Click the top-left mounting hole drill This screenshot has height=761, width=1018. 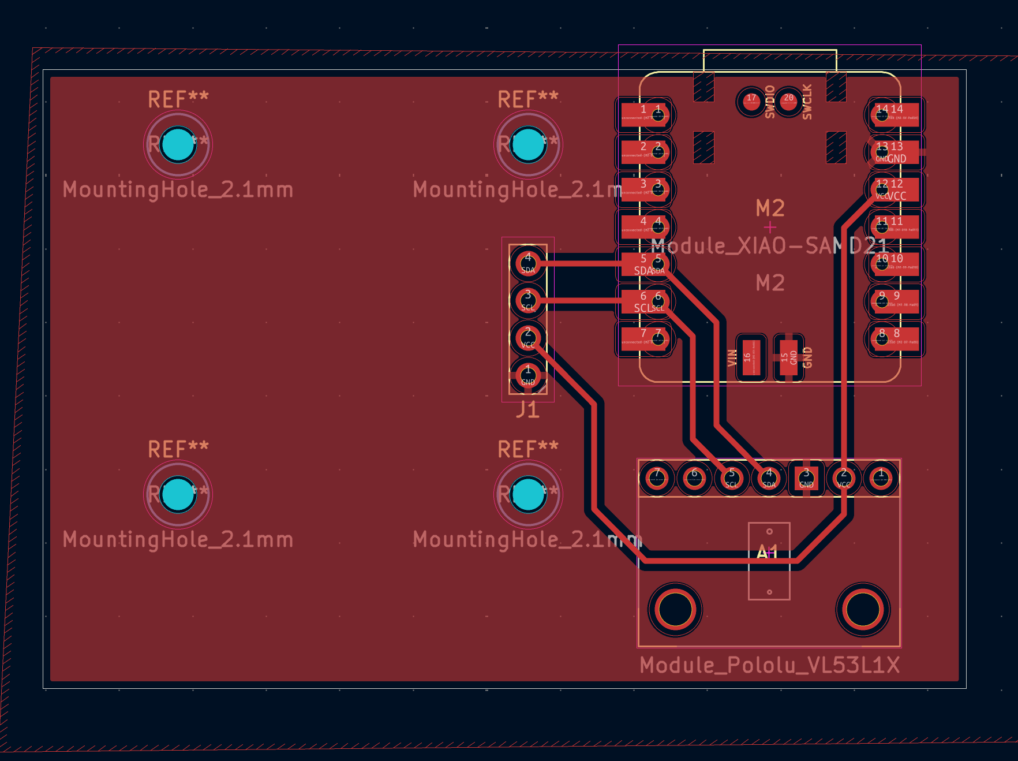178,144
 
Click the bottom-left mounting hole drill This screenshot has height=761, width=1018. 178,494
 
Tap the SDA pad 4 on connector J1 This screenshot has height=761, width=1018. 527,263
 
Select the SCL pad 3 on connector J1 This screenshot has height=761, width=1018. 527,300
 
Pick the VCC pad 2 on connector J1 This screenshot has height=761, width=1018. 527,338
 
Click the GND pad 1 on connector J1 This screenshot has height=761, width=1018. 527,375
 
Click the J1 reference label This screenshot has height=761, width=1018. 527,410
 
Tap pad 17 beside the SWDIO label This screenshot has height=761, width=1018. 751,102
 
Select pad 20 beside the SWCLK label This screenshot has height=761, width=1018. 788,102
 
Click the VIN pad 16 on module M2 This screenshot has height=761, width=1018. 751,357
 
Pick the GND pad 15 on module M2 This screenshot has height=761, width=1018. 788,357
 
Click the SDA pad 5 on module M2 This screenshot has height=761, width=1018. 646,264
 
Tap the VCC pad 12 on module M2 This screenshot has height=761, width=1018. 895,190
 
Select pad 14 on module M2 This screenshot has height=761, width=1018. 895,114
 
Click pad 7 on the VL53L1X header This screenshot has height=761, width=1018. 657,478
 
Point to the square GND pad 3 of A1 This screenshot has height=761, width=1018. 806,478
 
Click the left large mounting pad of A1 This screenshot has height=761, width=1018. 675,609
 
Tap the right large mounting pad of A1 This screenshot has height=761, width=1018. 863,609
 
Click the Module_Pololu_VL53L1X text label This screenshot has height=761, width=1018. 769,665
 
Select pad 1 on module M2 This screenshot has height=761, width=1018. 646,114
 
